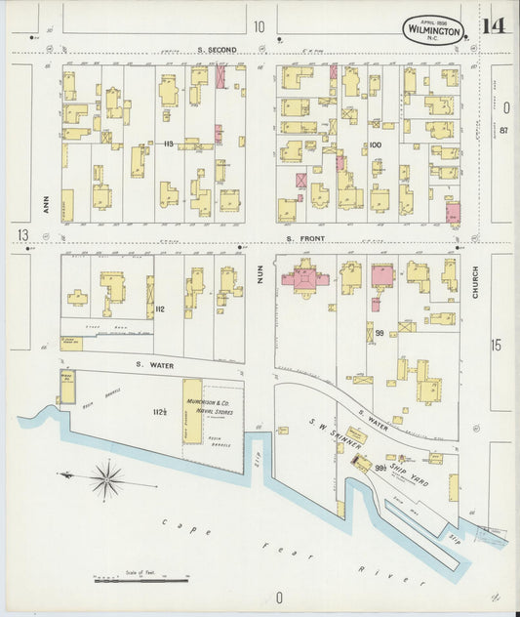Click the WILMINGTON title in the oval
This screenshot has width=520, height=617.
pyautogui.click(x=433, y=32)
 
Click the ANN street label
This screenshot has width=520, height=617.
pyautogui.click(x=46, y=202)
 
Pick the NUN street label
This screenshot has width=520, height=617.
pyautogui.click(x=260, y=276)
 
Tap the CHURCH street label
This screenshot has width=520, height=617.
pyautogui.click(x=476, y=281)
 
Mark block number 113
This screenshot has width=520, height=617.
pyautogui.click(x=168, y=144)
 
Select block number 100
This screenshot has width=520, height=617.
pyautogui.click(x=375, y=144)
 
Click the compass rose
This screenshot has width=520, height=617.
pyautogui.click(x=105, y=478)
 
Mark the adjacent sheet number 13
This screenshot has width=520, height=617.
pyautogui.click(x=21, y=235)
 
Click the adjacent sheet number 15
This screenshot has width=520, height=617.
pyautogui.click(x=496, y=345)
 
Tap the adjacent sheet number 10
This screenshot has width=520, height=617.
pyautogui.click(x=259, y=26)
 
